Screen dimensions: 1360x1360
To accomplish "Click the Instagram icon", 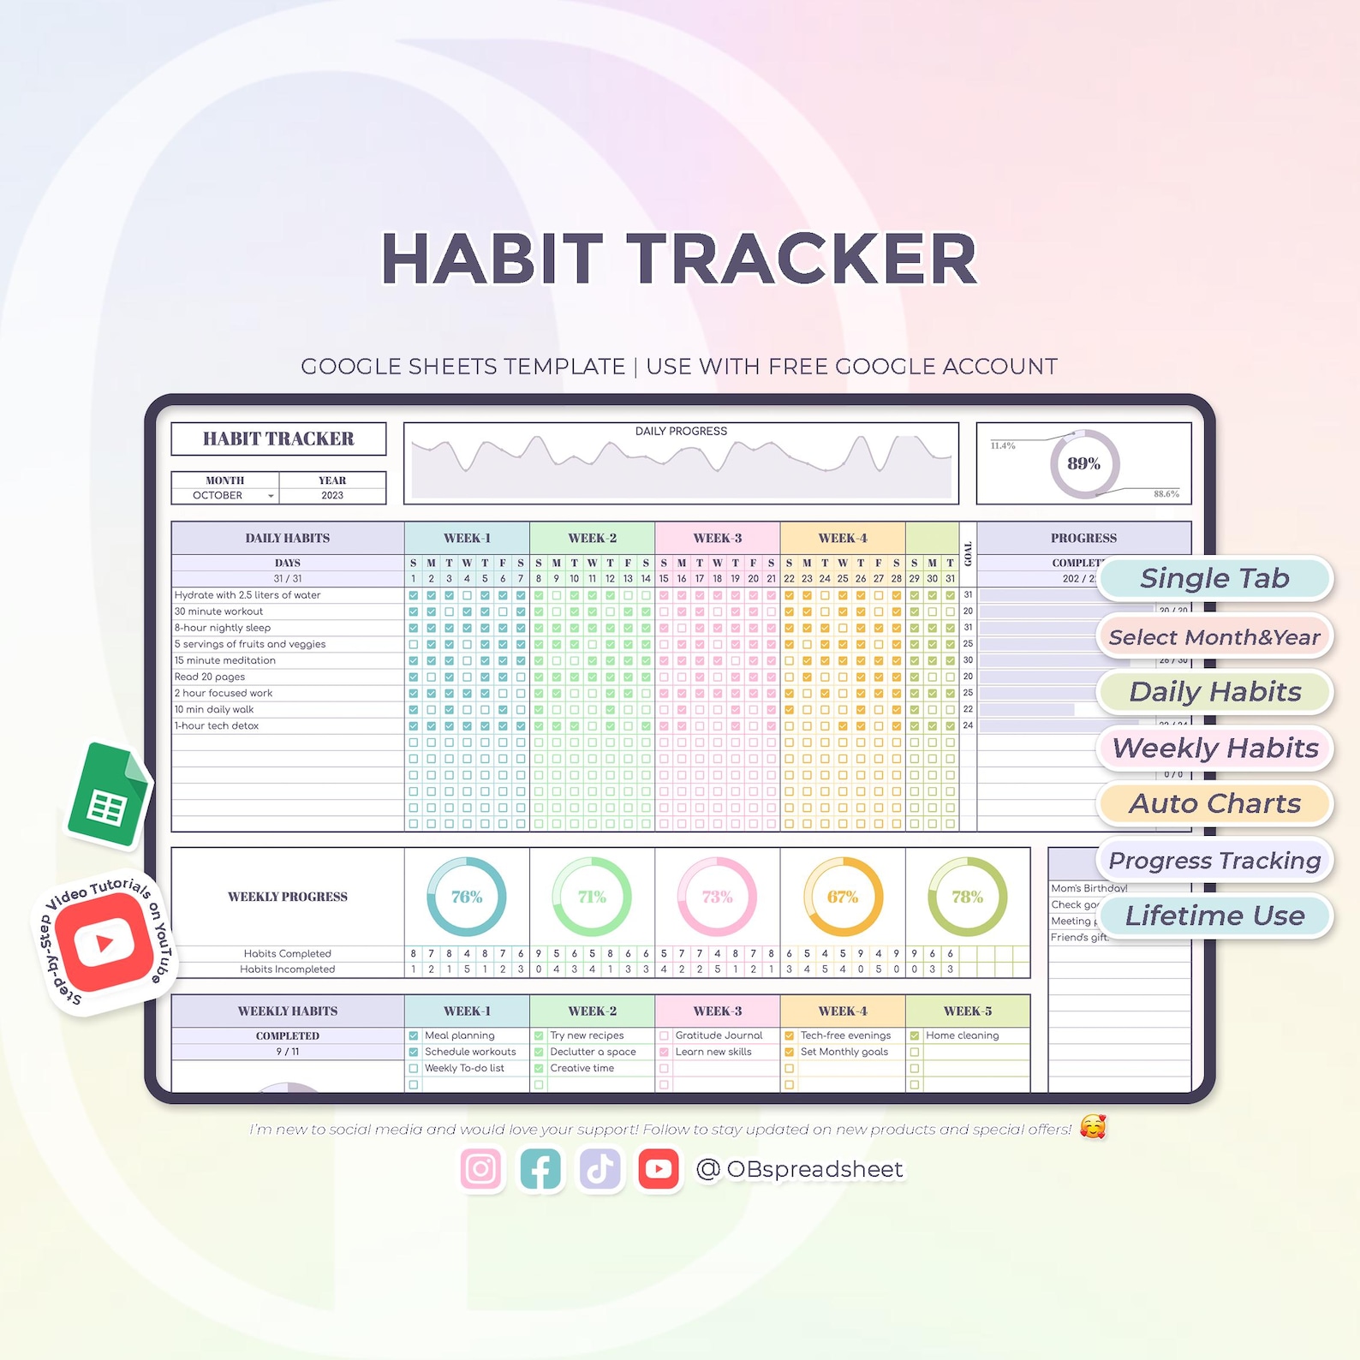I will click(x=480, y=1169).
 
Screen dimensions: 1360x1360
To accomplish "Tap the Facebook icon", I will click(x=540, y=1169).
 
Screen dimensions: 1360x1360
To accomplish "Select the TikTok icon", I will click(x=599, y=1169).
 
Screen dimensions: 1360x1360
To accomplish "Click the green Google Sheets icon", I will click(x=109, y=796).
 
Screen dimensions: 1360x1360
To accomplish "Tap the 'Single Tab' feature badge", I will click(x=1214, y=579).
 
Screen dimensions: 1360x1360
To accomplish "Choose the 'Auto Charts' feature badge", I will click(x=1214, y=804).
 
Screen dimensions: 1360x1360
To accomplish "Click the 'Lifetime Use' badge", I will click(x=1214, y=916).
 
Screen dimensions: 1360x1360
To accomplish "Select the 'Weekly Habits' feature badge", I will click(x=1214, y=749).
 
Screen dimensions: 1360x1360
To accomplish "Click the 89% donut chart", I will click(x=1084, y=463).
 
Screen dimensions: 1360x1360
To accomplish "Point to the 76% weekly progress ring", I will click(x=467, y=897).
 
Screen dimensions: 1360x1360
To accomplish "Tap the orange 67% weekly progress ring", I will click(x=843, y=897).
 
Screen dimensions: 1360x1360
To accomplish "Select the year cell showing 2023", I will click(x=332, y=496).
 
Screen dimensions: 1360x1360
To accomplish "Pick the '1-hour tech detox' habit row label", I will click(x=217, y=726).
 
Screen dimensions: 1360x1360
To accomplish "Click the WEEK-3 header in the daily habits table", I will click(x=718, y=539).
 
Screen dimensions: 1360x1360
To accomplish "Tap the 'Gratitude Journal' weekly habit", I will click(x=719, y=1035).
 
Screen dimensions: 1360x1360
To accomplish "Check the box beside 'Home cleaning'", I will click(x=915, y=1036).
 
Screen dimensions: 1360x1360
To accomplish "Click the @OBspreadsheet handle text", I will click(x=800, y=1170).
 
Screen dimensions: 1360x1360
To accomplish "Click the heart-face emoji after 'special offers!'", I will click(x=1093, y=1128).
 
